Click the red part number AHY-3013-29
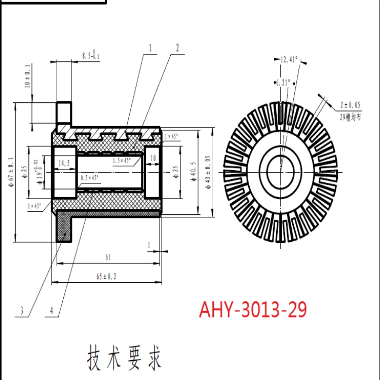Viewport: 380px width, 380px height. pos(253,309)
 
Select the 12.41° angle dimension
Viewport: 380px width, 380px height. pos(288,60)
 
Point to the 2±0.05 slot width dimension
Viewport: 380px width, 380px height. pos(350,105)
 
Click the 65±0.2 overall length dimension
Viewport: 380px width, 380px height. pos(106,277)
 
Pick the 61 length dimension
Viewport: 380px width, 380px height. pos(108,257)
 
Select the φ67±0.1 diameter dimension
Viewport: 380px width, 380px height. pos(11,172)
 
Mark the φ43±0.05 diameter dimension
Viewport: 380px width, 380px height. pos(208,172)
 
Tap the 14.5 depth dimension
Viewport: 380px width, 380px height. pos(64,163)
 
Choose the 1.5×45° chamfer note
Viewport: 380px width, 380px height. pos(122,161)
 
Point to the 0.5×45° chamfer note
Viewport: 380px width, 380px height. pos(90,178)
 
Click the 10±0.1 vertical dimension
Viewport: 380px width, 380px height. pos(27,76)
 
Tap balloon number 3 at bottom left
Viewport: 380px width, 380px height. pos(22,311)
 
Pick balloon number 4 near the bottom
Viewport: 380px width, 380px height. pos(51,311)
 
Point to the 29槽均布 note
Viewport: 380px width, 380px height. pos(351,116)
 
